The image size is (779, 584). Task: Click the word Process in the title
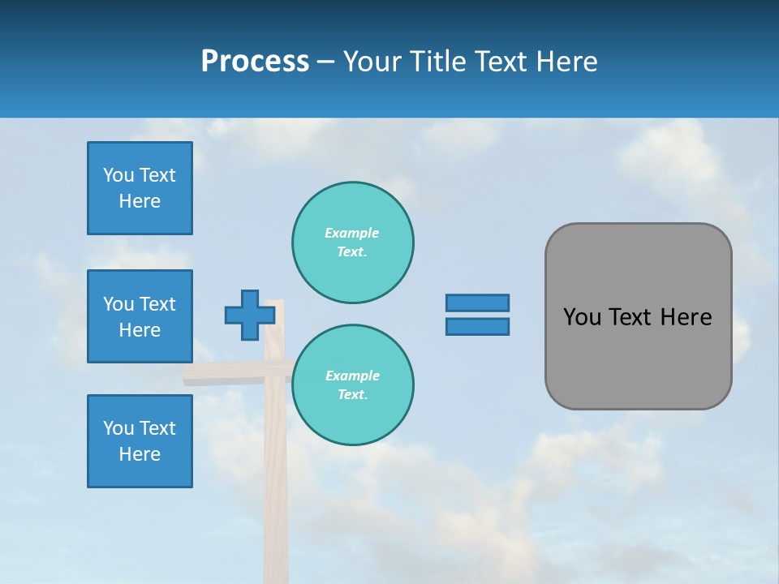coord(255,61)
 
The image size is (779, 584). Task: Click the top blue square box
coord(140,188)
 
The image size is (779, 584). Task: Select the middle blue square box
coord(140,316)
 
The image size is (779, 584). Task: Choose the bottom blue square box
coord(140,441)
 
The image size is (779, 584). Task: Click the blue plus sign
coord(249,316)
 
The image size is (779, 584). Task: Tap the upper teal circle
coord(352,243)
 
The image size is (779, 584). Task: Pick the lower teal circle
coord(352,385)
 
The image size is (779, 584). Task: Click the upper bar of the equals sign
coord(477,303)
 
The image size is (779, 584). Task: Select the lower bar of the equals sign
coord(477,327)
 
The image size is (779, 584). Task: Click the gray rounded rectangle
coord(638,316)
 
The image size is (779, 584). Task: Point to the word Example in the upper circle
coord(351,233)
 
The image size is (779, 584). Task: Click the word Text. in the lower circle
coord(352,395)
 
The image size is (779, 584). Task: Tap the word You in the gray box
coord(583,317)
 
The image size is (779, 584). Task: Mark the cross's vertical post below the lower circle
coord(276,511)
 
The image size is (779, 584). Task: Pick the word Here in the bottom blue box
coord(140,454)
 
